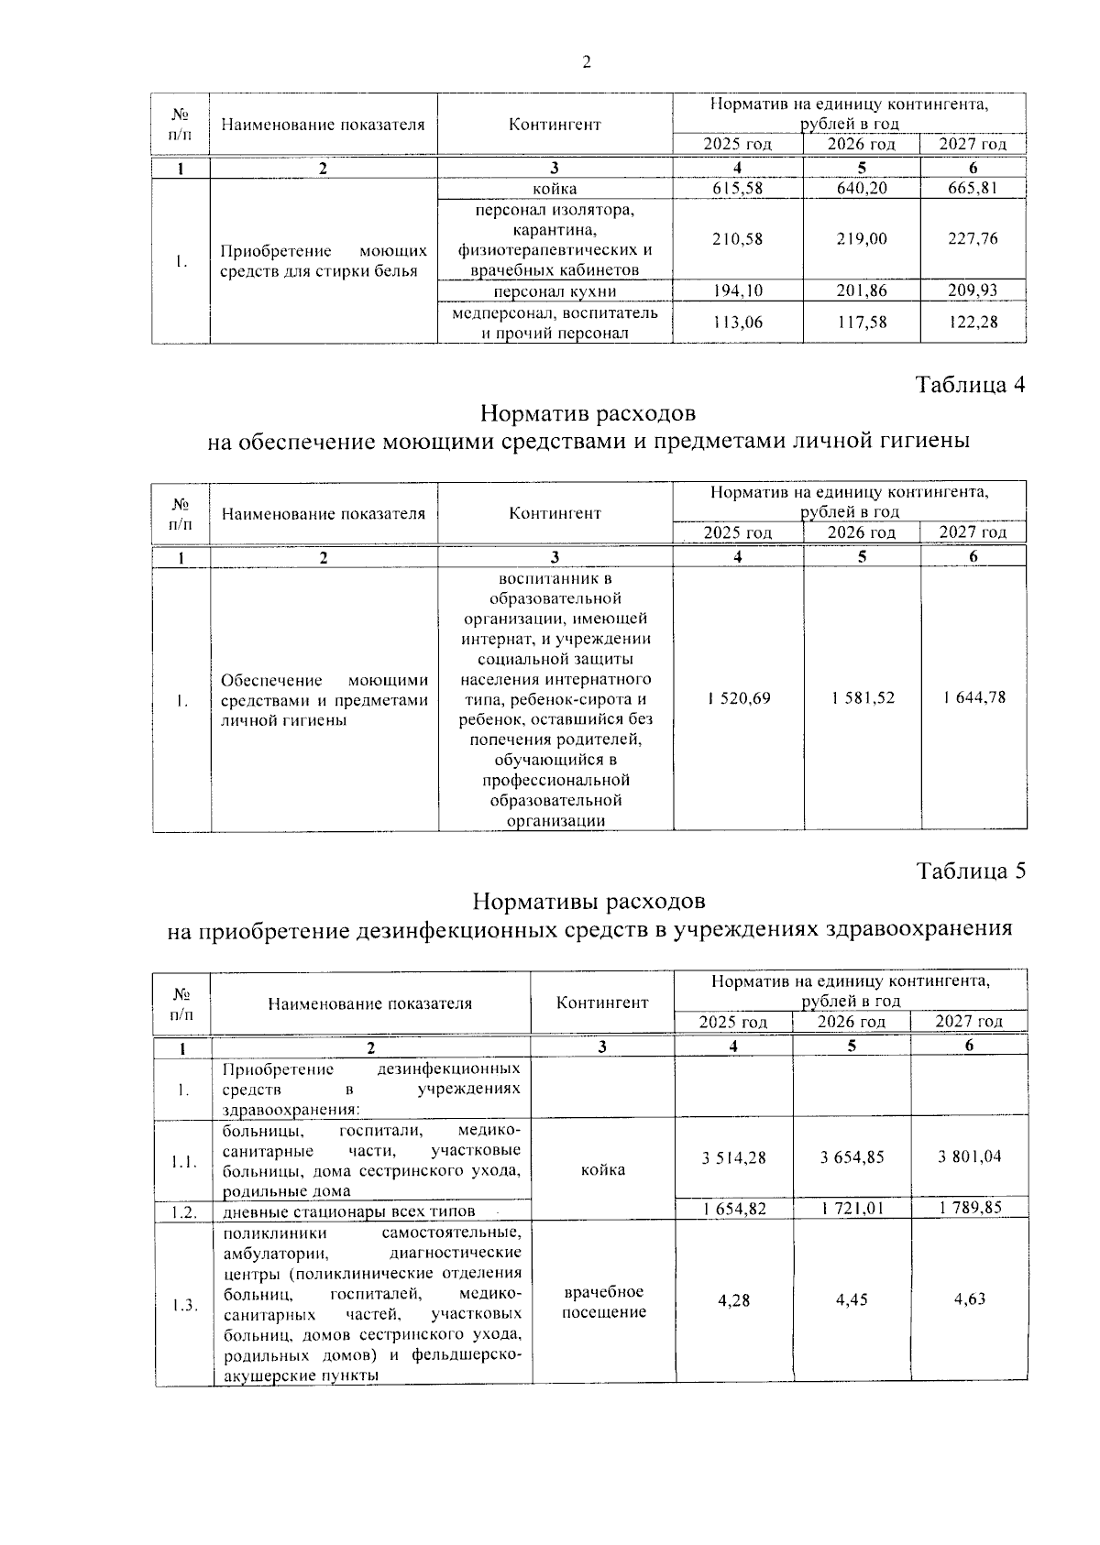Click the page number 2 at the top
587,62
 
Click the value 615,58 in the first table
737,189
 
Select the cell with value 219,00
862,238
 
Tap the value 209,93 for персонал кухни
973,290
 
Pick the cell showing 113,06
737,322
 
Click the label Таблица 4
970,385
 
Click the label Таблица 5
970,871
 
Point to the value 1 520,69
739,698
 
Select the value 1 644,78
973,698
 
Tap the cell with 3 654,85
852,1157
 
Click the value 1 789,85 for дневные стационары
970,1209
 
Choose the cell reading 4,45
852,1299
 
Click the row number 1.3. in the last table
183,1305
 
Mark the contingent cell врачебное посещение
603,1301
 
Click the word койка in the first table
555,189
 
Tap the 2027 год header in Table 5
969,1022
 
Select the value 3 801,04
970,1157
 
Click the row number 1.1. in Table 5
183,1162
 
